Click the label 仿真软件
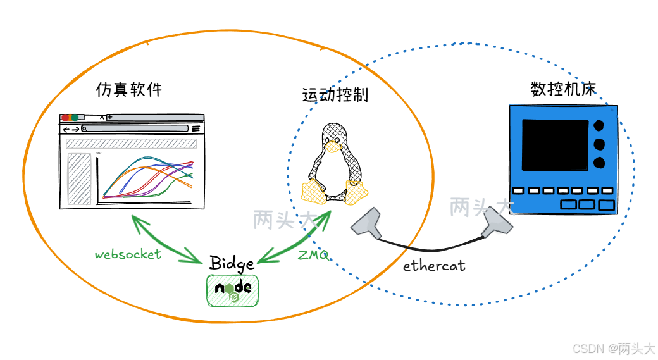[128, 90]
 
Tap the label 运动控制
[335, 96]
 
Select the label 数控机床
[562, 89]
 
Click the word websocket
[128, 254]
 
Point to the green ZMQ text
[313, 256]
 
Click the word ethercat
[434, 266]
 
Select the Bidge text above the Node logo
[232, 263]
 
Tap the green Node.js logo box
[232, 290]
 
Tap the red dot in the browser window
[65, 118]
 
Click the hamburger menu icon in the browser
[196, 128]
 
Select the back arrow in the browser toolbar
[65, 129]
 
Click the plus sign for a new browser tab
[109, 117]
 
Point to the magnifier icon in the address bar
[84, 128]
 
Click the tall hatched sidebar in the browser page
[80, 179]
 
